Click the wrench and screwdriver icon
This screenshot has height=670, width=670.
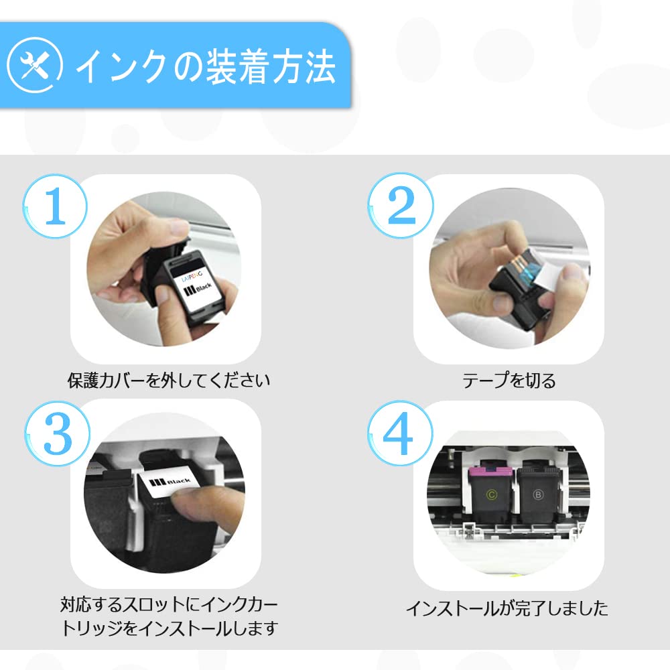(x=35, y=66)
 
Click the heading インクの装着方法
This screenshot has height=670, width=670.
(x=206, y=66)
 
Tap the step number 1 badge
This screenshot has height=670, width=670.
(x=55, y=206)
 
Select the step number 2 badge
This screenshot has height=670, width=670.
(x=401, y=206)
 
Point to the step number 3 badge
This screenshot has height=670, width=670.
(x=57, y=433)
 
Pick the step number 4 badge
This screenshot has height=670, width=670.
(x=400, y=433)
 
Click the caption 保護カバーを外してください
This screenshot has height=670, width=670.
(x=168, y=381)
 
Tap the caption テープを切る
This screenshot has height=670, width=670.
(x=509, y=381)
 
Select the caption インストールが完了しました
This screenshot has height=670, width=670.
(x=507, y=608)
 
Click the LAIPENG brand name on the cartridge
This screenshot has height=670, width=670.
(x=192, y=276)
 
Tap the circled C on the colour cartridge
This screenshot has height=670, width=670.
(x=491, y=495)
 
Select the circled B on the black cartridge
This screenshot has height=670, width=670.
(x=538, y=495)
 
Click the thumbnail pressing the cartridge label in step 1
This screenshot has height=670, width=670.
(x=162, y=295)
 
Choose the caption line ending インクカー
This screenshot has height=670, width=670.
(x=169, y=604)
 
